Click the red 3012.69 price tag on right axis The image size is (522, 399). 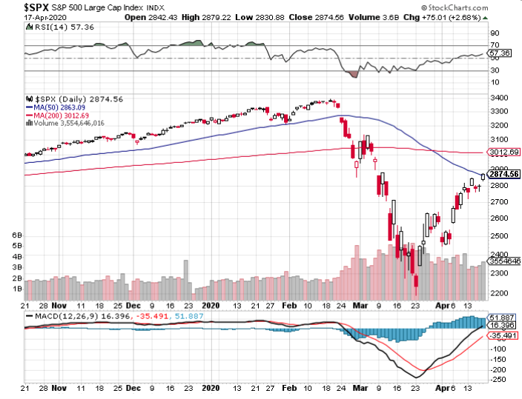coord(503,152)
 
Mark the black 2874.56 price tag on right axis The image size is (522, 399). coord(503,175)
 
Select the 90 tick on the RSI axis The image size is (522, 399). coord(494,33)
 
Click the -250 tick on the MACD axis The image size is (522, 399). coord(498,380)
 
